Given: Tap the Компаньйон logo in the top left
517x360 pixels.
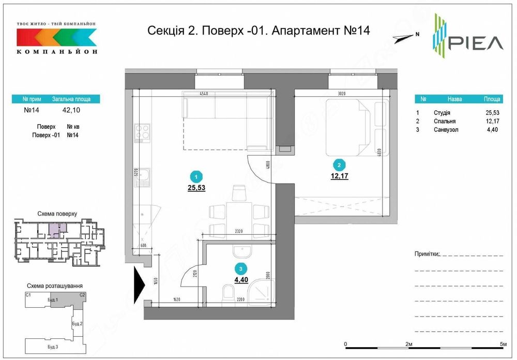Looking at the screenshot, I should [56, 39].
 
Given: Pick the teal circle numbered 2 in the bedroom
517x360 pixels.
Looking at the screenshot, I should [339, 166].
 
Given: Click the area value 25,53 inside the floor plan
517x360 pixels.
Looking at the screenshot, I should [196, 188].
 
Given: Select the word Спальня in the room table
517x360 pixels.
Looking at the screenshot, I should [442, 122].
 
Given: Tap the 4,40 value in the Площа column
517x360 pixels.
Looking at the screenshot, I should [492, 130].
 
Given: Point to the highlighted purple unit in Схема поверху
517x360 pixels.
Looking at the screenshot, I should [54, 230].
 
